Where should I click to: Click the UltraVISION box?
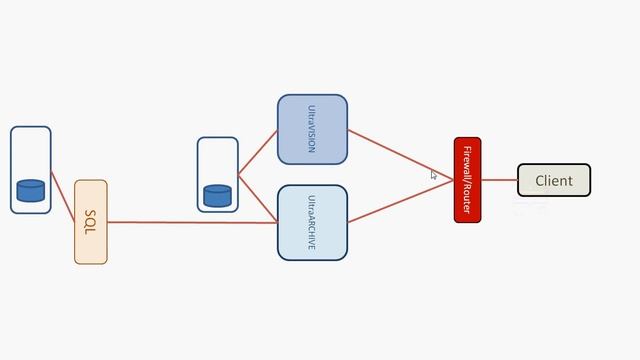(312, 130)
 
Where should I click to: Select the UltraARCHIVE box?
(312, 222)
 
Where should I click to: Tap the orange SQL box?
(90, 222)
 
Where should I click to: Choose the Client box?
(554, 180)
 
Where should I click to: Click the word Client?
(554, 181)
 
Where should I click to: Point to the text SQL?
(90, 222)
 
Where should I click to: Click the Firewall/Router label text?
(467, 180)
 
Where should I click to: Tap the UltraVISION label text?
(312, 128)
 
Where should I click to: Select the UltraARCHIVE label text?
(312, 222)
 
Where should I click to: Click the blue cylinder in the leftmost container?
(30, 190)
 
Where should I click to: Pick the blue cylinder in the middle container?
(217, 195)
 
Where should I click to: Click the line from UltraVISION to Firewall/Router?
(400, 154)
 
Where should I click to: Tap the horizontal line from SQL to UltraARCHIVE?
(190, 222)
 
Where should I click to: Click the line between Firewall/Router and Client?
(499, 180)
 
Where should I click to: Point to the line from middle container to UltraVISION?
(257, 153)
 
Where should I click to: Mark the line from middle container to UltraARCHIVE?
(257, 199)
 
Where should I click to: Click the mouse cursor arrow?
(434, 174)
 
